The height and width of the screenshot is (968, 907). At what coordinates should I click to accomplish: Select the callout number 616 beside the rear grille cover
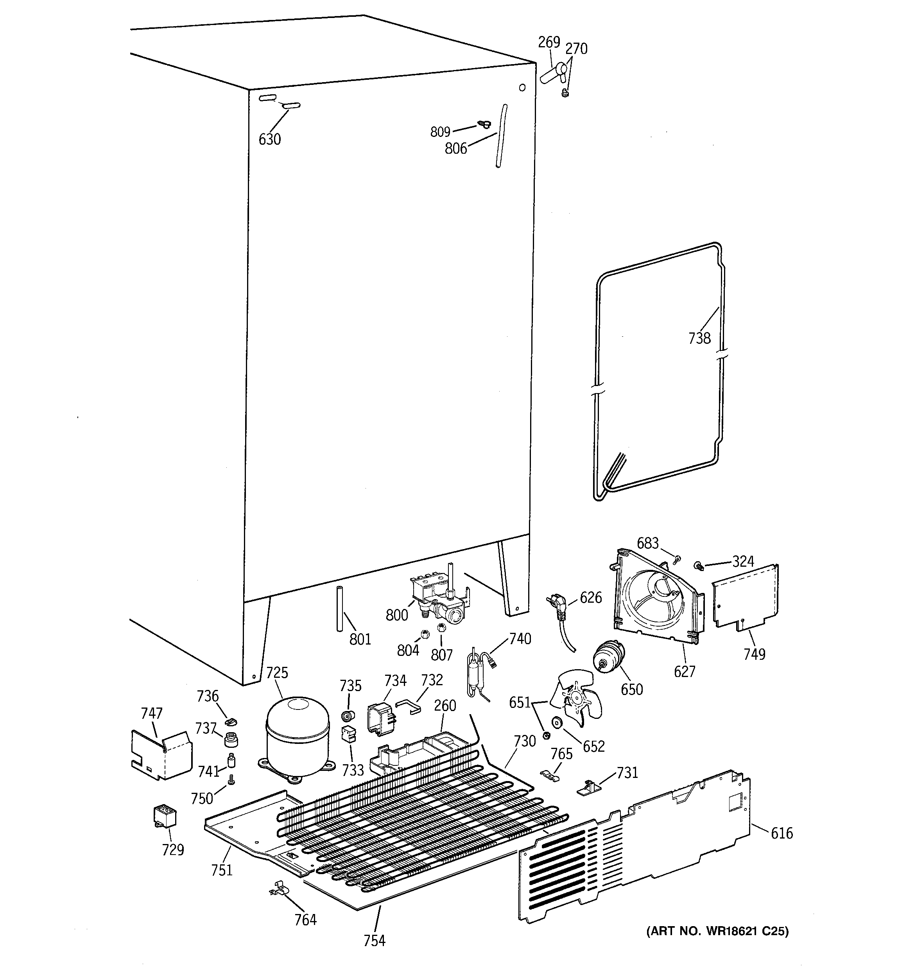[x=782, y=833]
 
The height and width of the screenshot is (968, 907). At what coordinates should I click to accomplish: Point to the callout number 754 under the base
[x=374, y=941]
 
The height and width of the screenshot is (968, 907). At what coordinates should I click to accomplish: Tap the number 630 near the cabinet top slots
[x=269, y=140]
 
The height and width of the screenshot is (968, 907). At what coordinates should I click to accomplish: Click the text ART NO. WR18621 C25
[x=717, y=931]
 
